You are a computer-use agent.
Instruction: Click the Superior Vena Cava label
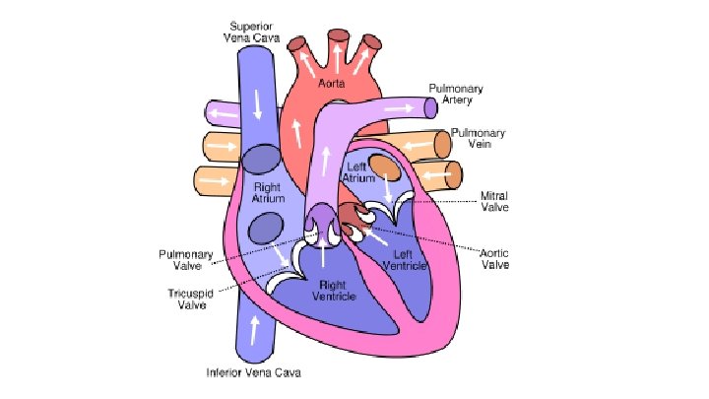click(x=253, y=32)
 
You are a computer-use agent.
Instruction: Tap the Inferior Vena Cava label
click(x=253, y=373)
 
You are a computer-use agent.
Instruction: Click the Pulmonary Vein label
click(x=478, y=138)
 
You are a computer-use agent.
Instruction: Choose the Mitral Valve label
click(x=494, y=201)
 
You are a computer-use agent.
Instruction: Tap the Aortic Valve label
click(x=494, y=259)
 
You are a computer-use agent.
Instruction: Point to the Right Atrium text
click(x=268, y=192)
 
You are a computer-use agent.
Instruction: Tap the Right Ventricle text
click(x=331, y=290)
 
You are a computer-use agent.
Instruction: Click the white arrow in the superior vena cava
click(x=258, y=100)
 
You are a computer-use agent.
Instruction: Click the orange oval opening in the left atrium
click(x=387, y=168)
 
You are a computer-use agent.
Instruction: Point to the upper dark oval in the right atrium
click(x=261, y=159)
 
